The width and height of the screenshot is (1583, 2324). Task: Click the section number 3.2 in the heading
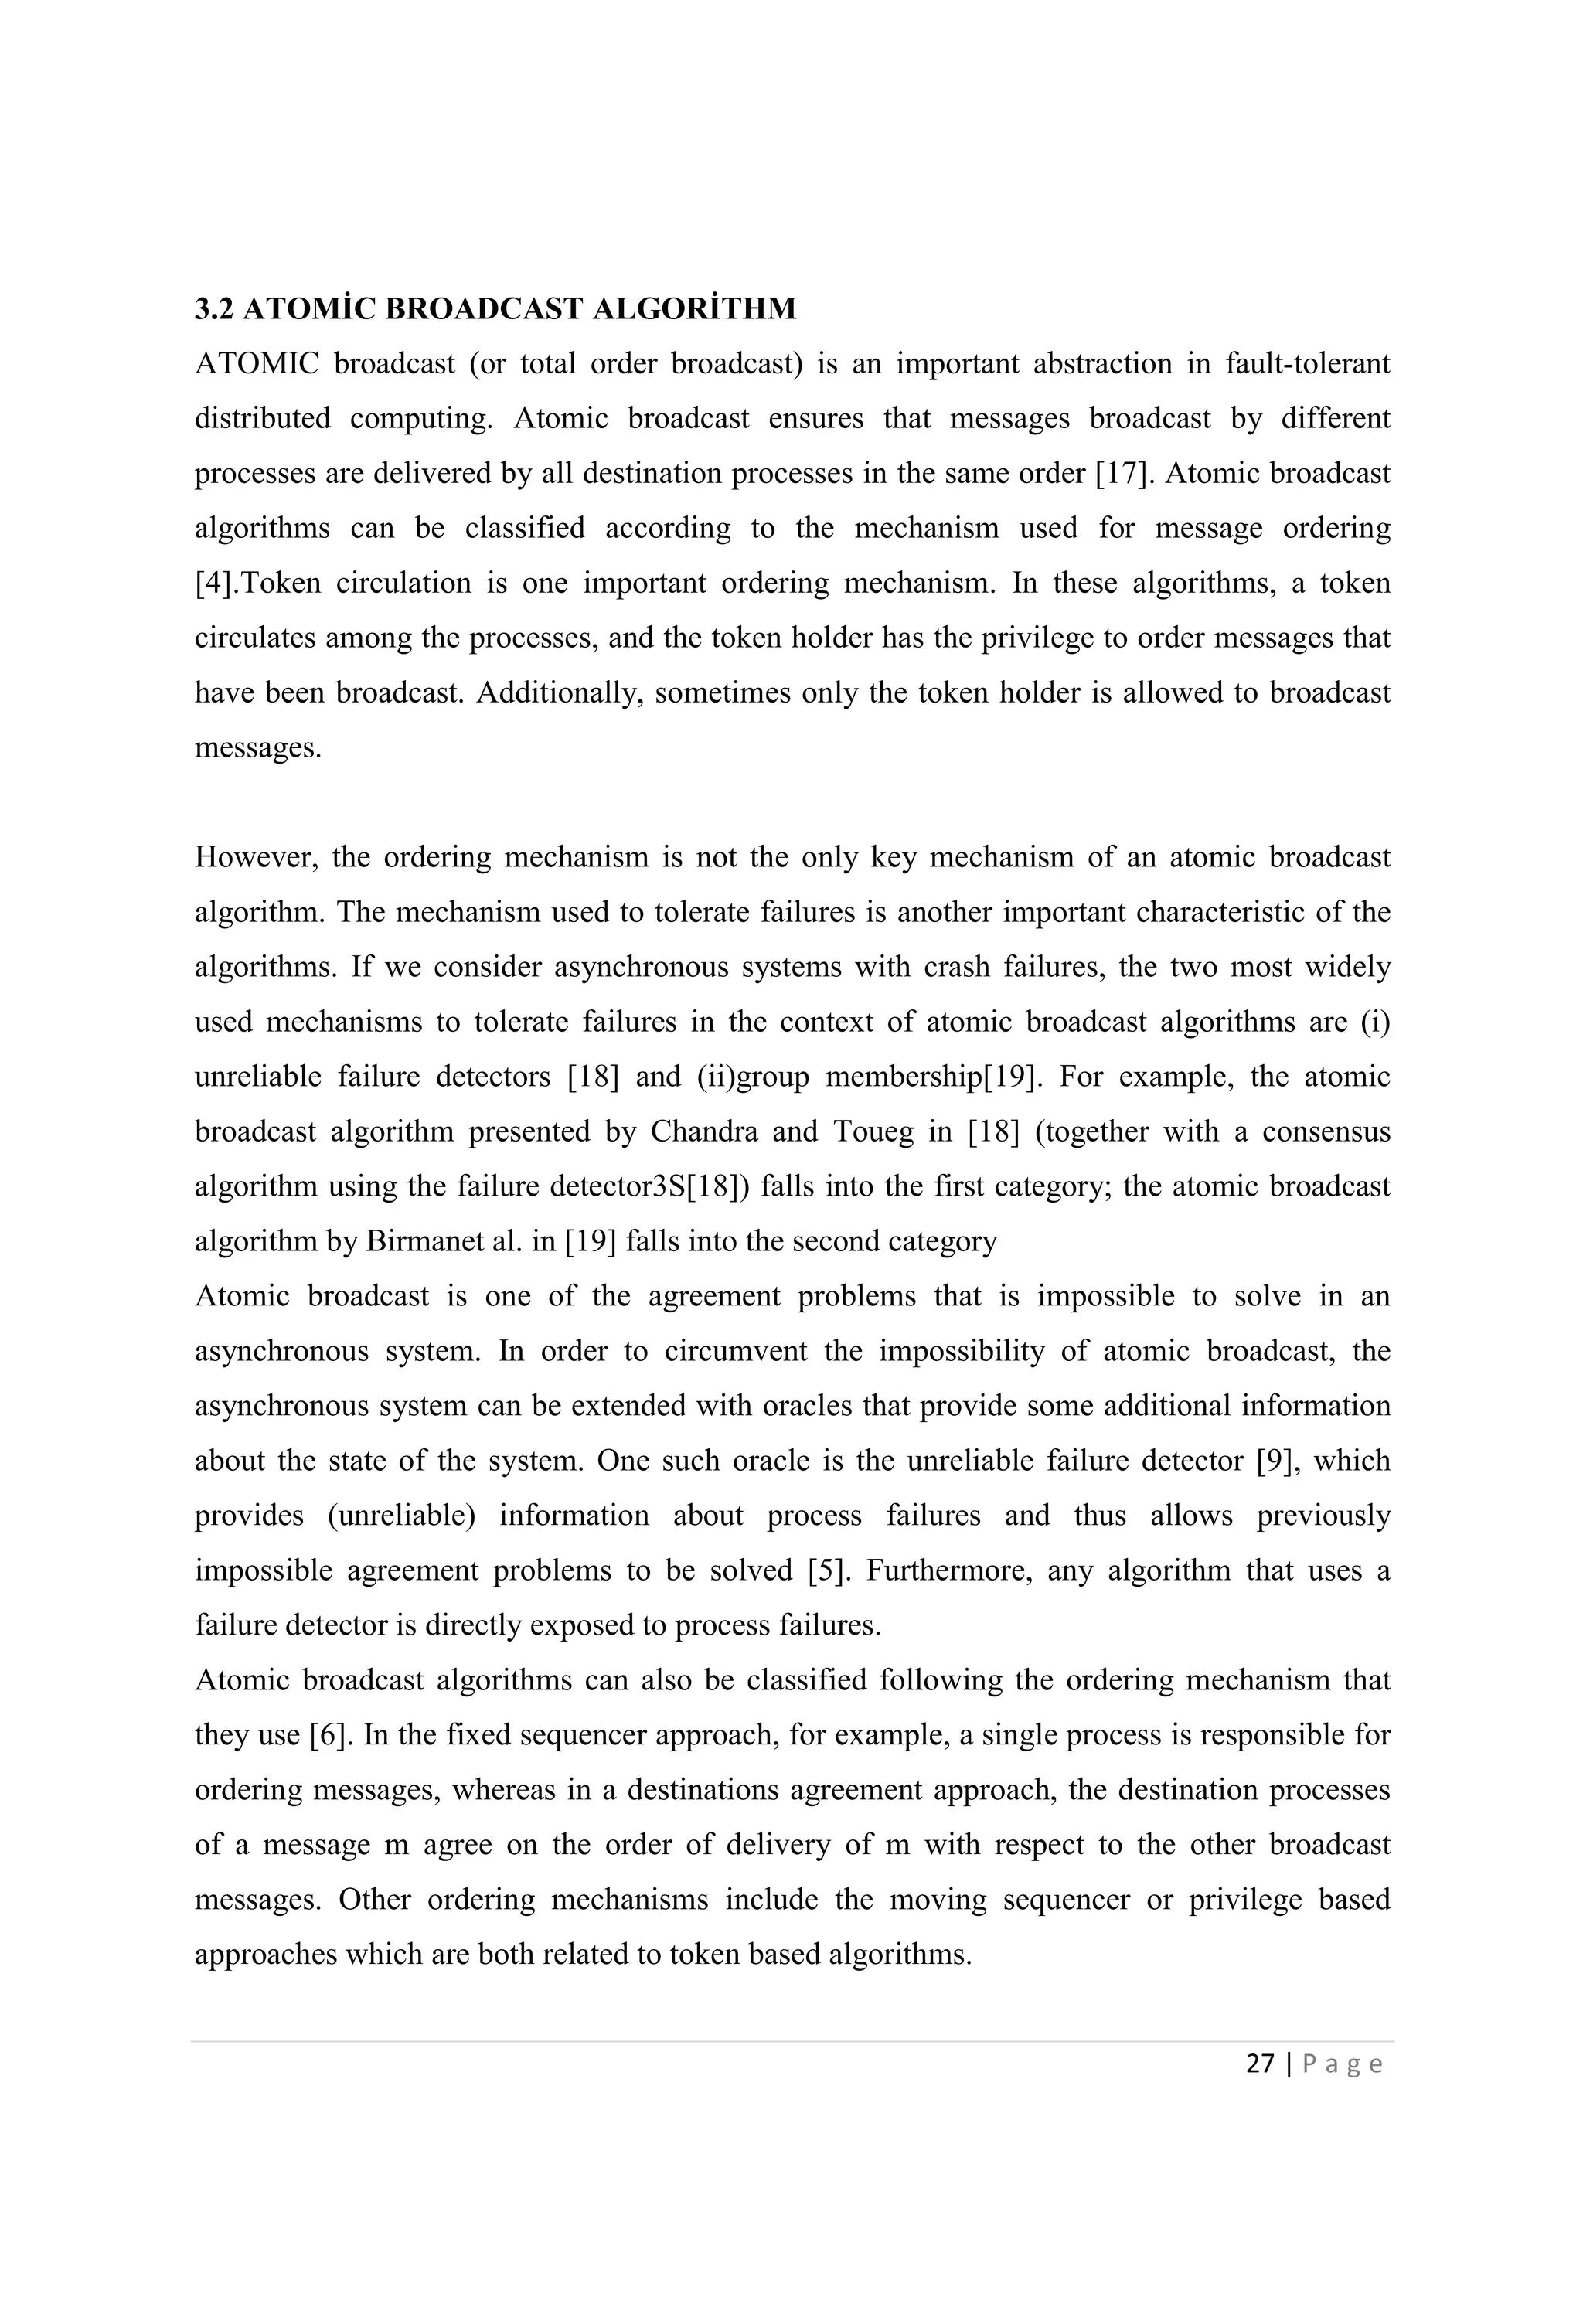point(213,309)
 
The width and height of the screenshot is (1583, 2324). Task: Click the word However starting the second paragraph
point(254,857)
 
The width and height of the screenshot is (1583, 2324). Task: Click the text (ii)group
point(752,1077)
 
